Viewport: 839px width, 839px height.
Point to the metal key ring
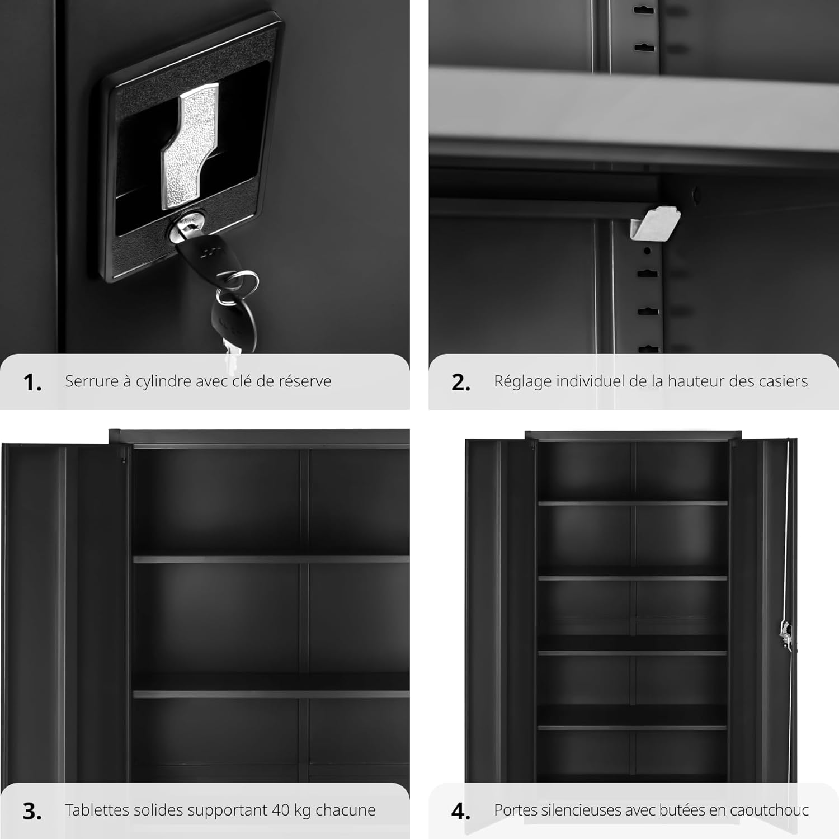238,286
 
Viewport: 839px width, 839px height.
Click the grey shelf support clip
654,224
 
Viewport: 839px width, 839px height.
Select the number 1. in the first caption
32,383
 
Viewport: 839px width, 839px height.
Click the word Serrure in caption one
88,381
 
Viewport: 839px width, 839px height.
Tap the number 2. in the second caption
461,383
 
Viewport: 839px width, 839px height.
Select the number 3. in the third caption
32,811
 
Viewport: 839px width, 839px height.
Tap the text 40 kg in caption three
291,811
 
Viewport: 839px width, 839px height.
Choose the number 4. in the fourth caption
461,811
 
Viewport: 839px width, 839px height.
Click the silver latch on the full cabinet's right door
786,635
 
